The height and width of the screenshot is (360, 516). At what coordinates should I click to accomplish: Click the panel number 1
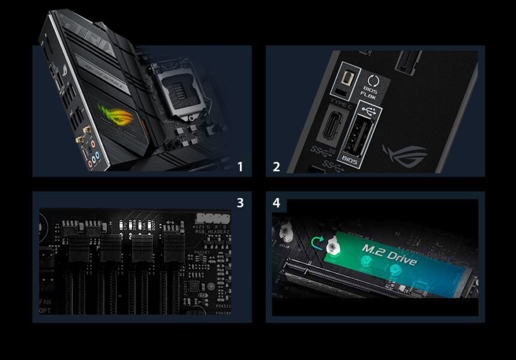[240, 167]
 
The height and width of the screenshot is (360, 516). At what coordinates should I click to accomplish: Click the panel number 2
[277, 167]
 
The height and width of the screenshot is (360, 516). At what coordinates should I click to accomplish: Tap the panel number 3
[240, 203]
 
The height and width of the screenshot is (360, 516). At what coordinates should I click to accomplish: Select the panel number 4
[277, 203]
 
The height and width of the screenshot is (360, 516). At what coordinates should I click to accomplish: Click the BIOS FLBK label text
[368, 90]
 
